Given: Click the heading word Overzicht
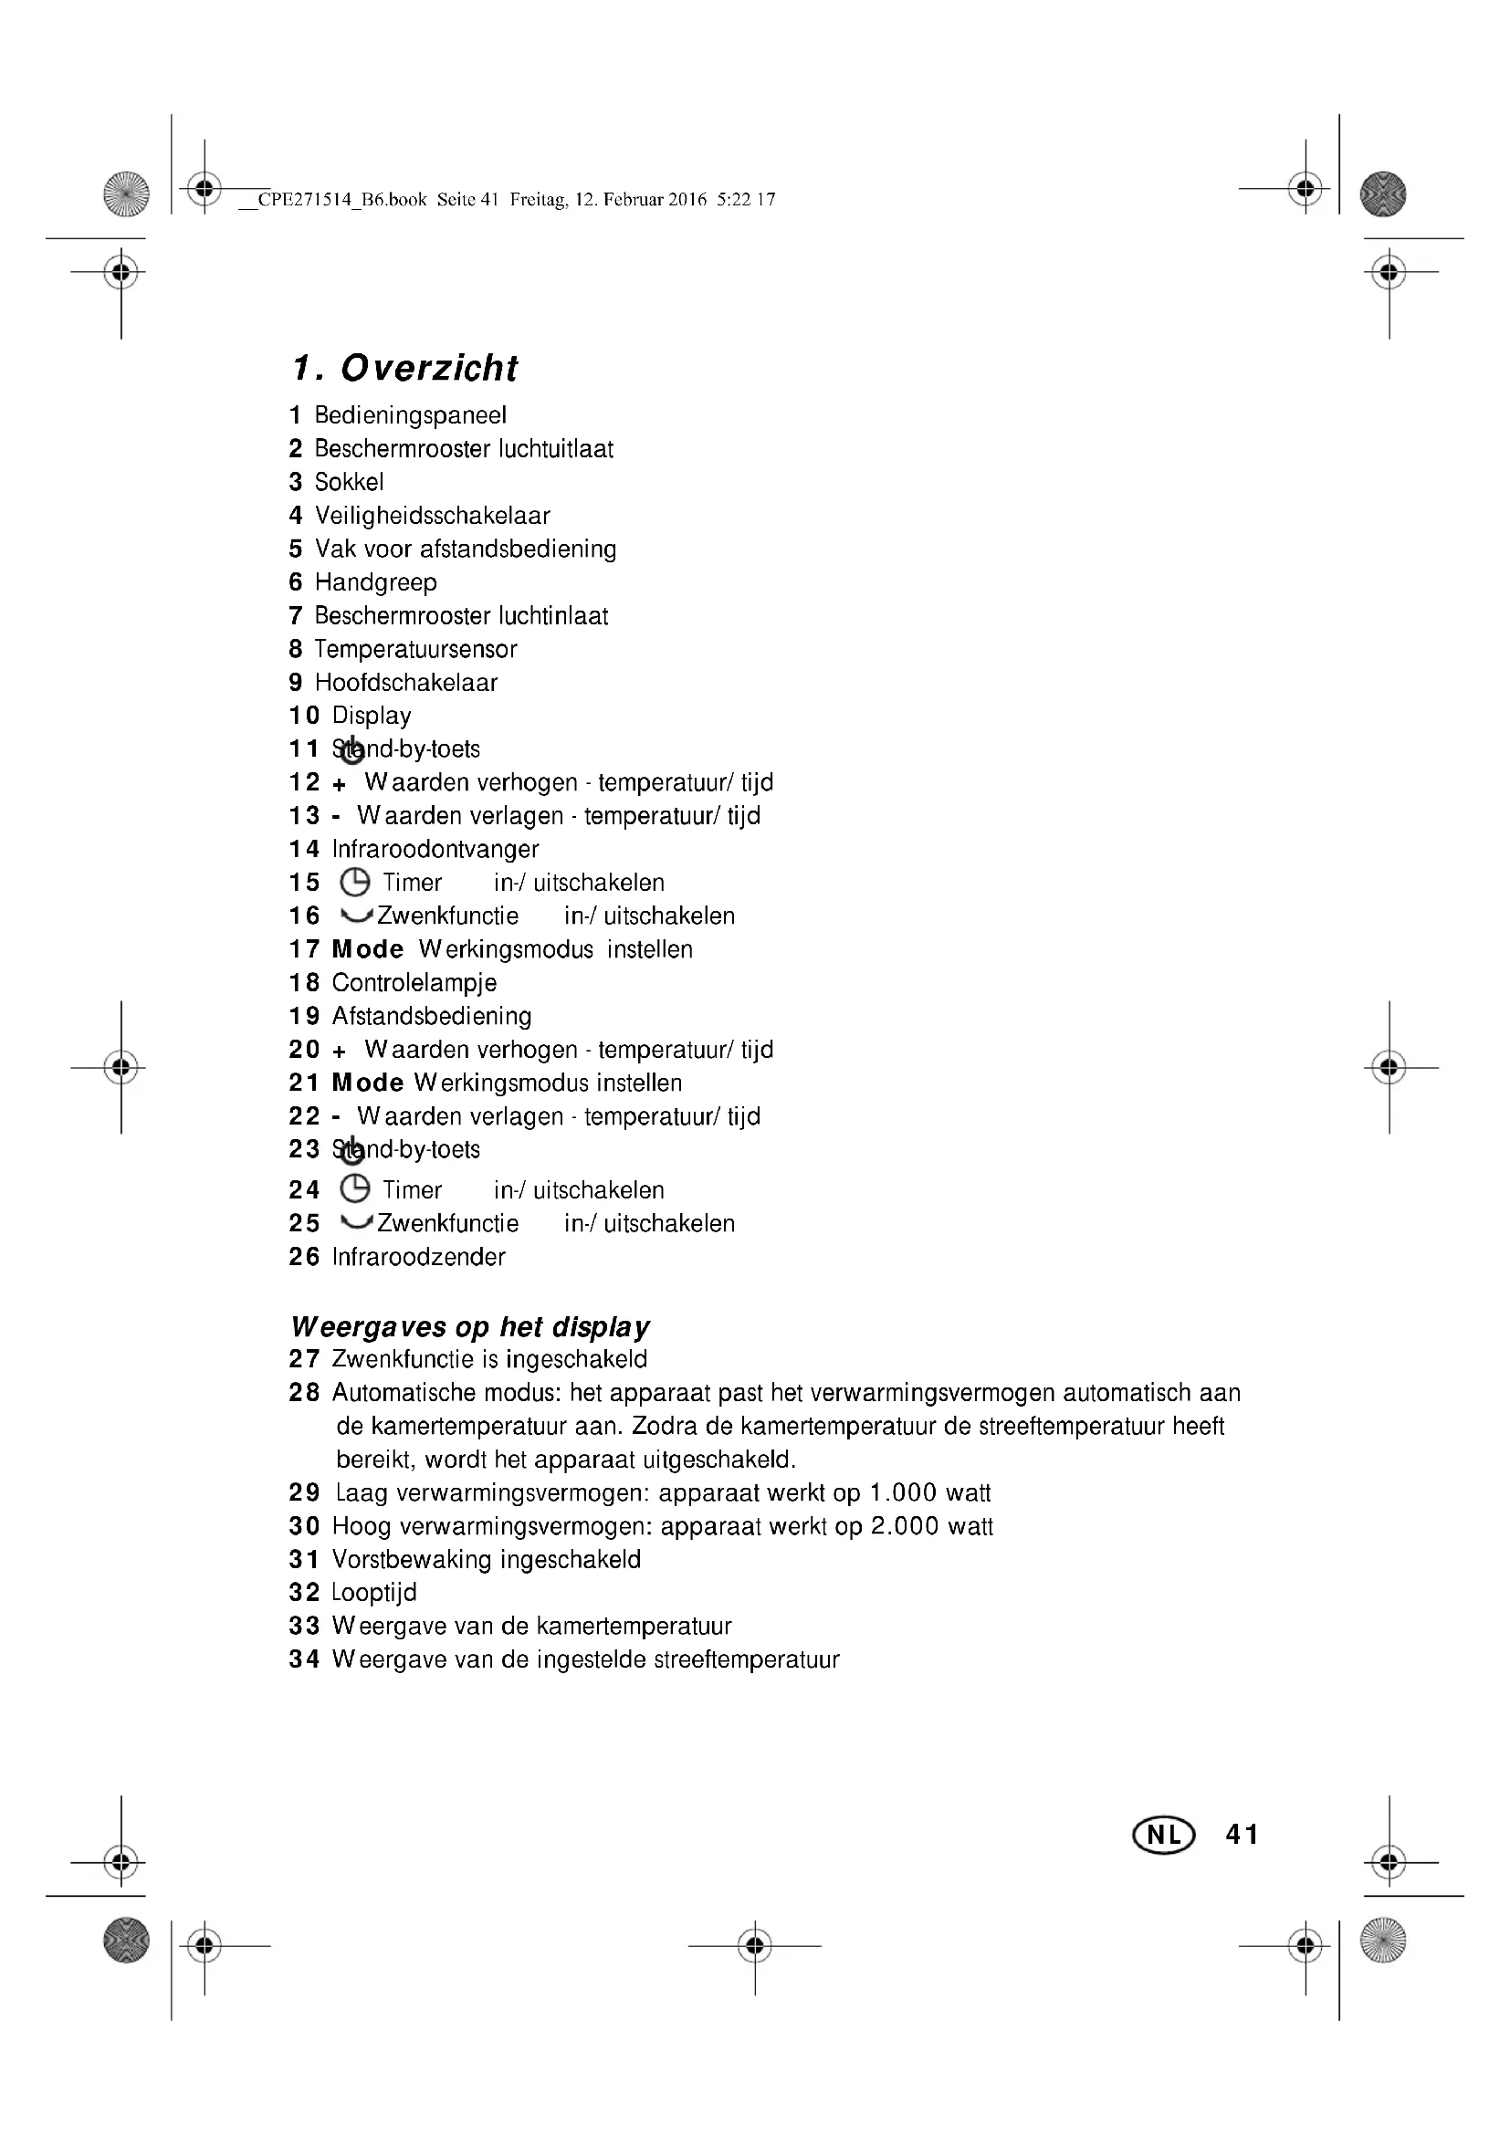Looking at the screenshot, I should [x=429, y=368].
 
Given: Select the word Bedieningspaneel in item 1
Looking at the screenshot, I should [x=410, y=415].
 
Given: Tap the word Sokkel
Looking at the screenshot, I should [x=349, y=483].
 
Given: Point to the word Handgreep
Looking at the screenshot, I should [x=375, y=583].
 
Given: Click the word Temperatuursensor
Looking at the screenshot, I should [x=415, y=649].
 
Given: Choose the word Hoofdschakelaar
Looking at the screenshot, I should [x=406, y=683].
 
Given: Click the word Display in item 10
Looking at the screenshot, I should [x=371, y=716].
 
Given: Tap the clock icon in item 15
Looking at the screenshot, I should [x=355, y=882].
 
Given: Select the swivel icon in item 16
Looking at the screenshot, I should [x=356, y=915].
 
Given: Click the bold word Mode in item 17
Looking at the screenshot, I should [x=367, y=949].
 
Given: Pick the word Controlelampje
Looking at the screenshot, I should [x=414, y=983].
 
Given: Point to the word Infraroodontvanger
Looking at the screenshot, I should [x=435, y=849].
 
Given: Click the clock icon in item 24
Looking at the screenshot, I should [x=355, y=1188].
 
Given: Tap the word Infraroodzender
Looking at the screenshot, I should [x=418, y=1257].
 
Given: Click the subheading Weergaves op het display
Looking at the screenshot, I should [x=469, y=1327].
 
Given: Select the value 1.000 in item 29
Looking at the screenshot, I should [x=902, y=1493].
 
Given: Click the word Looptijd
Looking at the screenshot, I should [x=373, y=1593].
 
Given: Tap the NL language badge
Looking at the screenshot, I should [x=1163, y=1835].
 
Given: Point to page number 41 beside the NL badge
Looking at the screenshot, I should [x=1243, y=1835].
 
